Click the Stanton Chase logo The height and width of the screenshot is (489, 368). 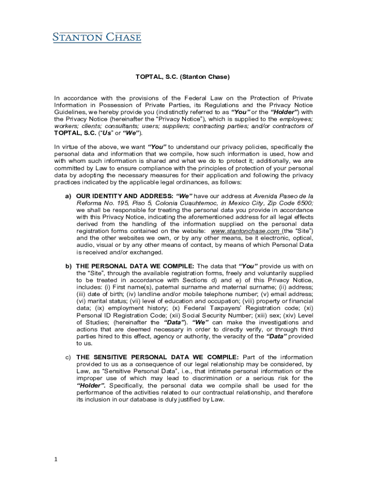[97, 37]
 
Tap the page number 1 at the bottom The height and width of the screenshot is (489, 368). [56, 459]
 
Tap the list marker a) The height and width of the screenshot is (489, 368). [68, 196]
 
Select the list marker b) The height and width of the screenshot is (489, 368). [68, 266]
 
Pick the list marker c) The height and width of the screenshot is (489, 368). [68, 357]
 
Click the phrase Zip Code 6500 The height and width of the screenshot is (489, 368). [290, 203]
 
